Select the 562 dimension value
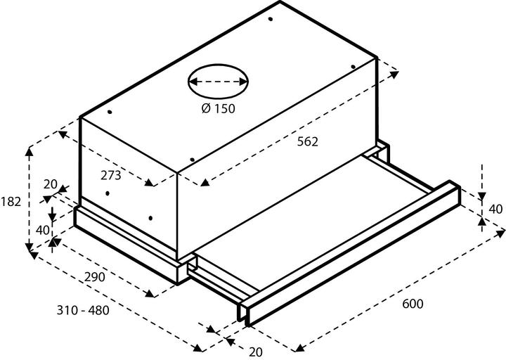click(x=306, y=141)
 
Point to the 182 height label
click(x=11, y=201)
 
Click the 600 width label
click(x=413, y=304)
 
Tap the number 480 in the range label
click(x=98, y=310)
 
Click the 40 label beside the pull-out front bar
click(x=495, y=209)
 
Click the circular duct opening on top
click(x=218, y=82)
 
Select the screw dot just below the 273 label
click(x=105, y=193)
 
